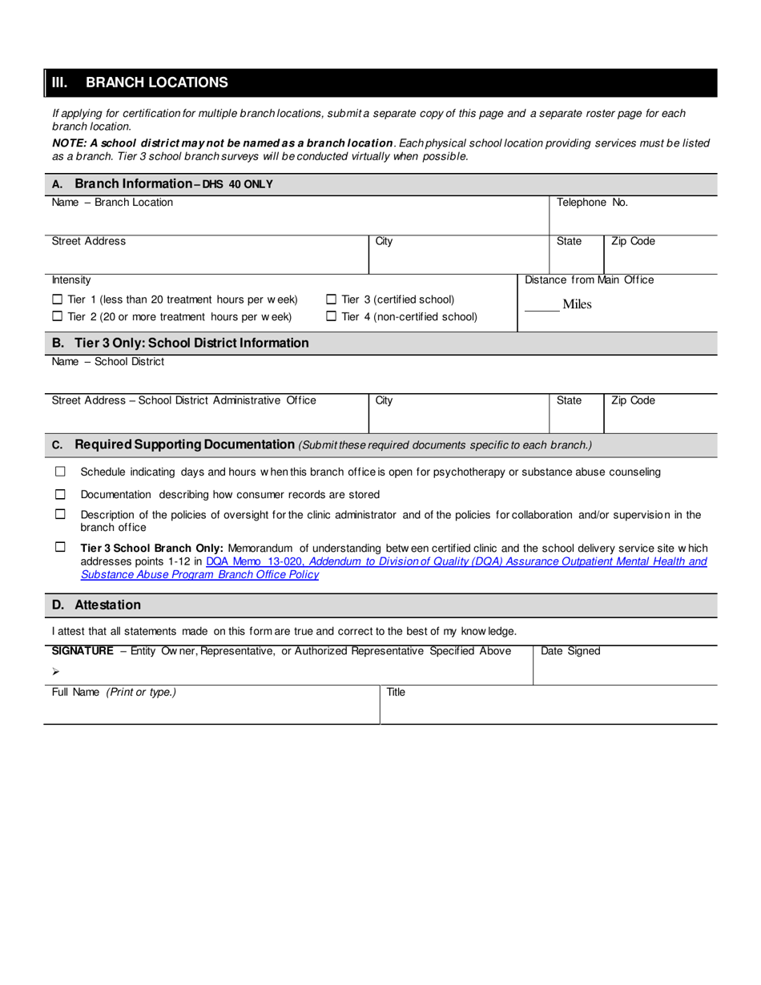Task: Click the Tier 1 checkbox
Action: [x=57, y=300]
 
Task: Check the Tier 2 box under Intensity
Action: [x=57, y=317]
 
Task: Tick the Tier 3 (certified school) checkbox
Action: [x=331, y=300]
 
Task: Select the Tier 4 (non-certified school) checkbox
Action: [x=331, y=317]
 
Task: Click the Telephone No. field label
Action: [x=592, y=203]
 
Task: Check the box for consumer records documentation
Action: [x=60, y=494]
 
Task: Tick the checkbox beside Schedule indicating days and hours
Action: [x=60, y=472]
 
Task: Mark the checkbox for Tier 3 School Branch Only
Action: [x=60, y=547]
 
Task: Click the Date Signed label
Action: [x=570, y=651]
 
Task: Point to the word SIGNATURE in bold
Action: [x=83, y=651]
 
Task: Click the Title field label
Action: [x=396, y=692]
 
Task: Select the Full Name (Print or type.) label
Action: [x=114, y=692]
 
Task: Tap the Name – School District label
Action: [x=108, y=362]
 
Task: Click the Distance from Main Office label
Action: [x=589, y=279]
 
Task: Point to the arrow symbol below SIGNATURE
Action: [x=56, y=671]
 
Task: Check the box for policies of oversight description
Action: [x=60, y=514]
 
